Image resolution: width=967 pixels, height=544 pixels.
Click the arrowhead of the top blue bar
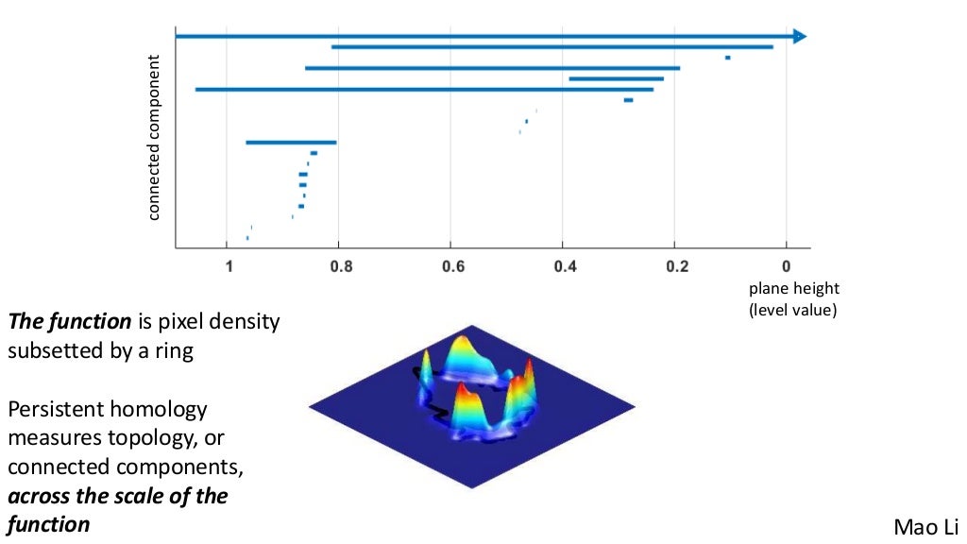pos(800,36)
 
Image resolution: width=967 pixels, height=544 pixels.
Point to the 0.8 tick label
pos(341,267)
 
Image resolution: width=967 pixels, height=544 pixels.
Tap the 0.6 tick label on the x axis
pos(452,267)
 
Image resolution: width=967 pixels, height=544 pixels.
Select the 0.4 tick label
pos(565,267)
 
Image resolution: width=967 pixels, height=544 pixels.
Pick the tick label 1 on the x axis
pos(228,267)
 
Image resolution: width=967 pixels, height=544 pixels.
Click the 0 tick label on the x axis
pos(786,267)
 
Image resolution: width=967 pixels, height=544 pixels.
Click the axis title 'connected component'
pos(155,138)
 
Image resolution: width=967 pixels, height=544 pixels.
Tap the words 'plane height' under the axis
pos(793,289)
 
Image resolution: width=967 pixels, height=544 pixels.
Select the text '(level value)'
pos(793,309)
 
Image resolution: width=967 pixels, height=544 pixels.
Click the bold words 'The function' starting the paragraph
pos(69,321)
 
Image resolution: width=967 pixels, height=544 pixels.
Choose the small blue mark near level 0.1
pos(727,58)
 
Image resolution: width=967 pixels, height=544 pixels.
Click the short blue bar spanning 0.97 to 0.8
pos(291,143)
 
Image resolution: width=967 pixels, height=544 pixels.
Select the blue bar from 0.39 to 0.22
pos(616,79)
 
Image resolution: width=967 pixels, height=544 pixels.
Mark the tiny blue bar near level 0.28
pos(628,100)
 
